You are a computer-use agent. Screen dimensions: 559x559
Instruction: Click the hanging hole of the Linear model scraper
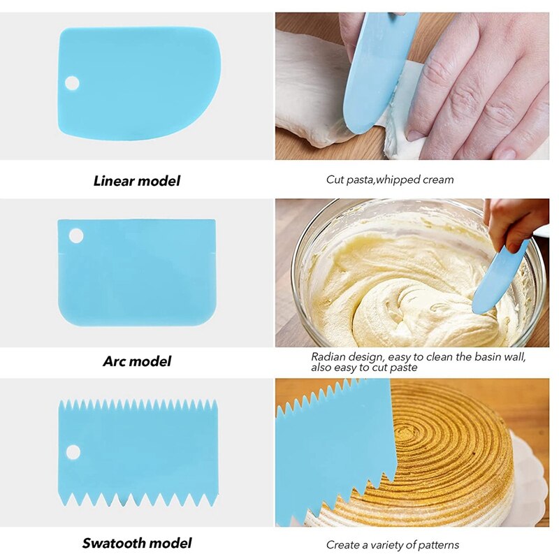tap(72, 83)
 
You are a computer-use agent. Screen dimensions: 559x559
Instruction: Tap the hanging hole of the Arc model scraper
tap(75, 235)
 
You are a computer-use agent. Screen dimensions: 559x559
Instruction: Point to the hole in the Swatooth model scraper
tap(73, 451)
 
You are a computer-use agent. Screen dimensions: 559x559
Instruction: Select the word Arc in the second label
tap(115, 361)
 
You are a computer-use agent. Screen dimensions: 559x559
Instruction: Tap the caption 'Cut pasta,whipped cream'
tap(389, 180)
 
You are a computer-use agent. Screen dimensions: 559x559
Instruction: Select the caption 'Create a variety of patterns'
tap(392, 544)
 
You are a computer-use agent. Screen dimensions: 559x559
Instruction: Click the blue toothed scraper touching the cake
tap(328, 447)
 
